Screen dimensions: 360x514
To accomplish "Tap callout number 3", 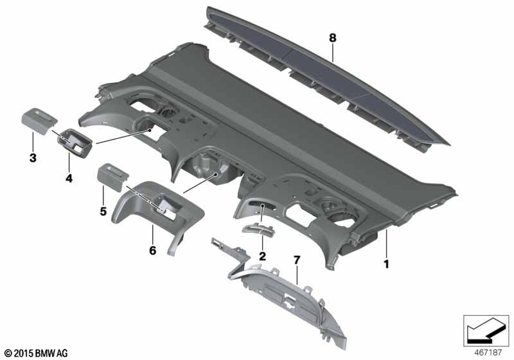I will (31, 157).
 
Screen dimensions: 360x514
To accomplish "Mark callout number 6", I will (152, 250).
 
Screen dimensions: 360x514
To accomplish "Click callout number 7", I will (297, 260).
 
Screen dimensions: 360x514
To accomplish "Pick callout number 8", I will (333, 39).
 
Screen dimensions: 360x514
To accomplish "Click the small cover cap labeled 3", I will (39, 120).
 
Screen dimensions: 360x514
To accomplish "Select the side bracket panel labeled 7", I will (289, 296).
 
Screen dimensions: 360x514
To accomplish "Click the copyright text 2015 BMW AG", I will (35, 354).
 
